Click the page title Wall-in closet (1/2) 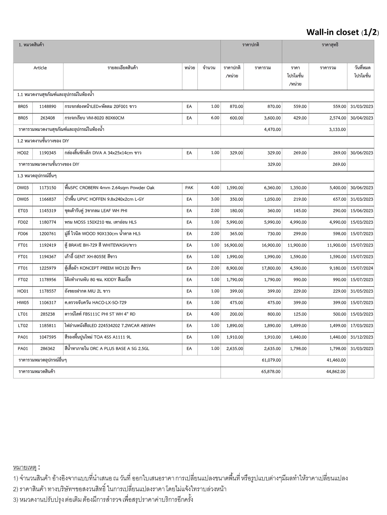(342, 32)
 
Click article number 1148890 (48, 106)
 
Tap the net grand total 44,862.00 (336, 371)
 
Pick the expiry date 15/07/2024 (362, 268)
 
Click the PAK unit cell (189, 188)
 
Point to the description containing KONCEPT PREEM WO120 (102, 268)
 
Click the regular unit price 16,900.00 (233, 245)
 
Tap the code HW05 (23, 303)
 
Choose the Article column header (40, 68)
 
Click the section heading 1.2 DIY (43, 141)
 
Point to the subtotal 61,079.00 (271, 360)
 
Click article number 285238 (48, 314)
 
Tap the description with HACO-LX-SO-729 (95, 303)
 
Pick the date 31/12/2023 (362, 337)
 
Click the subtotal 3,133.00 (337, 130)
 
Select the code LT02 (23, 326)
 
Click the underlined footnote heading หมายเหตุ (25, 468)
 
